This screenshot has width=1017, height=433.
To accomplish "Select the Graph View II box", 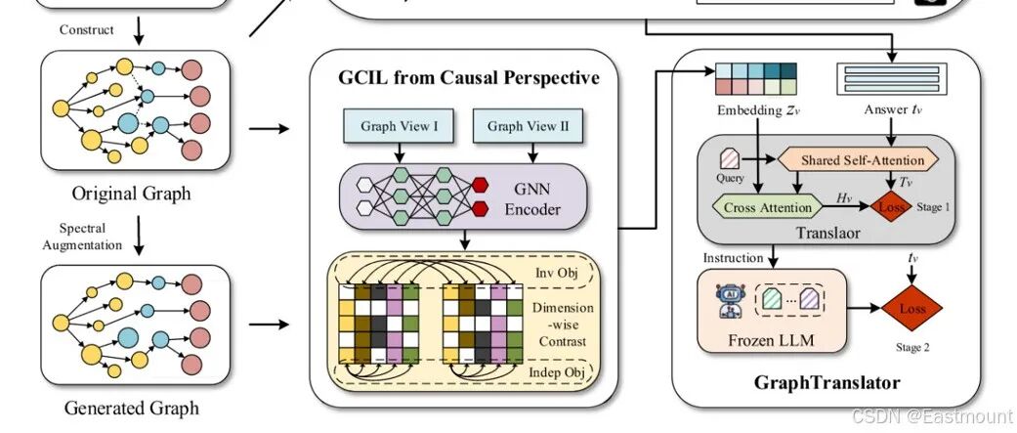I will click(x=520, y=126).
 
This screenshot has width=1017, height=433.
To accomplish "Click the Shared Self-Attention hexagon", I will click(x=854, y=159).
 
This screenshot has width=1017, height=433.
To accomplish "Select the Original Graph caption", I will click(x=132, y=193).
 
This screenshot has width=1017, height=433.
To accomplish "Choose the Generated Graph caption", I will click(x=132, y=408).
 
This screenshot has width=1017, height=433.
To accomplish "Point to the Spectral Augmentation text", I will click(x=83, y=236).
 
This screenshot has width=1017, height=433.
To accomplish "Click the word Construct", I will click(x=86, y=29).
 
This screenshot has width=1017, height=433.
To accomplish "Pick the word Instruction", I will click(x=733, y=258).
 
